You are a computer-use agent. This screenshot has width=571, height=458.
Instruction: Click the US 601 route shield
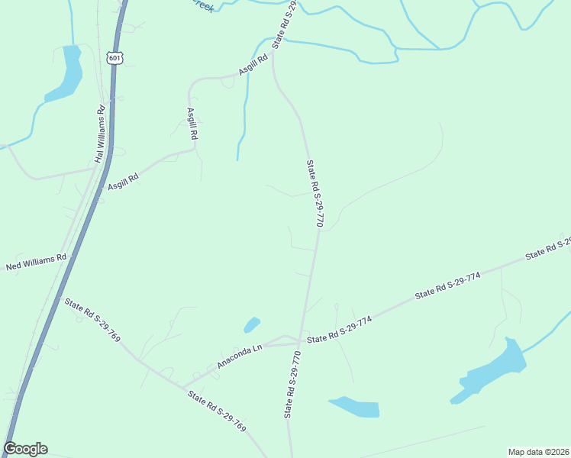(115, 58)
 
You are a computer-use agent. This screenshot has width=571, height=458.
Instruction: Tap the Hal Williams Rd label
(98, 134)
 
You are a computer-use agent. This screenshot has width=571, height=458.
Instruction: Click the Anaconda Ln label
(239, 356)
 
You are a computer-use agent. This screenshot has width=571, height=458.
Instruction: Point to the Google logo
(26, 449)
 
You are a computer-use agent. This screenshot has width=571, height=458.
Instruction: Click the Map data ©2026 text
(538, 452)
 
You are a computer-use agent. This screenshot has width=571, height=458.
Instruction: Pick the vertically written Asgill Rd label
(192, 124)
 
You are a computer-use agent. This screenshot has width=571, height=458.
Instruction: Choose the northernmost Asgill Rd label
(253, 64)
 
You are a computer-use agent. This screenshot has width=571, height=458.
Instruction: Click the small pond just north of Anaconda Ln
(252, 324)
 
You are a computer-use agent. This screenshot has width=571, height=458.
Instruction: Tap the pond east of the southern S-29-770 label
(355, 407)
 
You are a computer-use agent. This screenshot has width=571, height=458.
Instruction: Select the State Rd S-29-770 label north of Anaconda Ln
(315, 193)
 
